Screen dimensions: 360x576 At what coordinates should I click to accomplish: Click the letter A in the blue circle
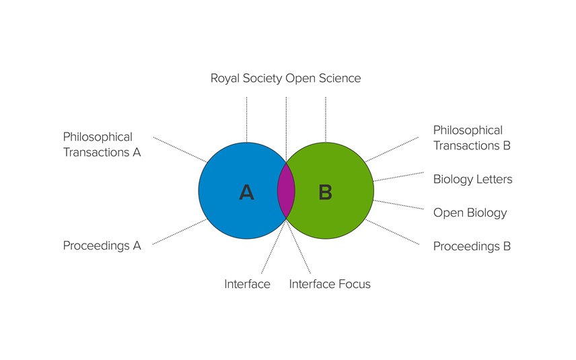pos(246,193)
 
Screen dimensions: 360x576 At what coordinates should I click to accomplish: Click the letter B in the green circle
pos(326,193)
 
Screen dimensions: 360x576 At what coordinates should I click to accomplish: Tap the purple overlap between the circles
pos(286,190)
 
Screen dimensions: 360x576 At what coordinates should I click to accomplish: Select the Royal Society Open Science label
pos(285,78)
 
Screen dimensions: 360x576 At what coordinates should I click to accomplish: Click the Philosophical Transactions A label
pos(102,145)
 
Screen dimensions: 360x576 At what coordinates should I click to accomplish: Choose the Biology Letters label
pos(472,179)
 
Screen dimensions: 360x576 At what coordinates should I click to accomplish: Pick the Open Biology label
pos(470,213)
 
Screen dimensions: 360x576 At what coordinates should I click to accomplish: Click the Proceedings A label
pos(102,246)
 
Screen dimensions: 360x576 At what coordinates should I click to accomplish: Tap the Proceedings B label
pos(472,246)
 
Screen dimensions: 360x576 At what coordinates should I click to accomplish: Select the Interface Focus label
pos(330,284)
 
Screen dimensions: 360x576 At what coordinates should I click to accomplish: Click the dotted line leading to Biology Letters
pos(398,176)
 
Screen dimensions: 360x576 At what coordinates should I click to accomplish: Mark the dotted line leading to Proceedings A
pos(180,231)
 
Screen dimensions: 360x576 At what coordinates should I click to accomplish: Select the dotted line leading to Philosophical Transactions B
pos(392,149)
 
